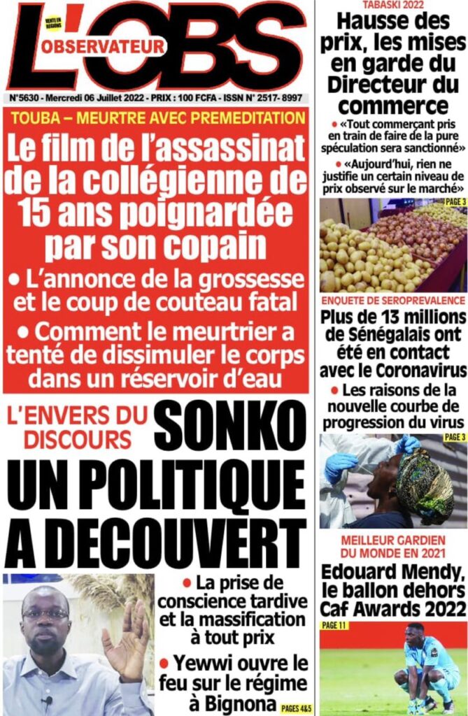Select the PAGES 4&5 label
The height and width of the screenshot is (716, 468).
click(293, 706)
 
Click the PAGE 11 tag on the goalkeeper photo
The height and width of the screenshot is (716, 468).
click(336, 625)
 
